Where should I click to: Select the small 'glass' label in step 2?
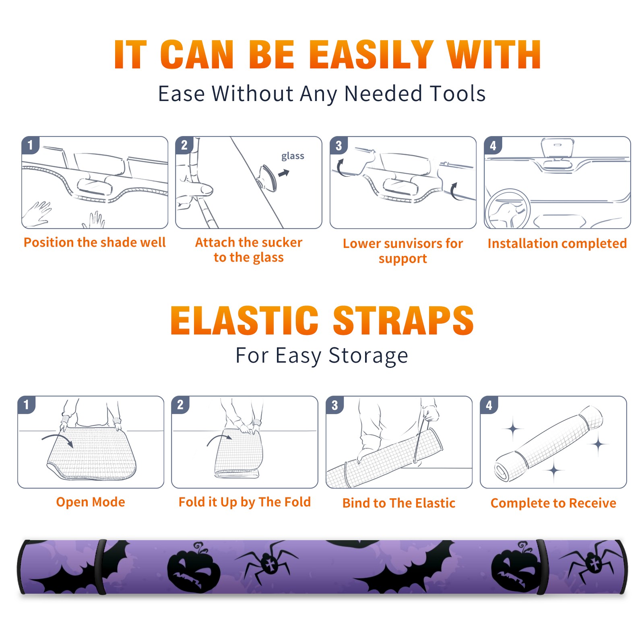click(293, 156)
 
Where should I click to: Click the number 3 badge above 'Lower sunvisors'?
click(339, 146)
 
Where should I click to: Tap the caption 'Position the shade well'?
click(95, 242)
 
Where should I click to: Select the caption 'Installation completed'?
click(557, 244)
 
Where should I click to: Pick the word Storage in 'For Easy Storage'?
click(368, 356)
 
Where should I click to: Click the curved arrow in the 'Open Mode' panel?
click(58, 440)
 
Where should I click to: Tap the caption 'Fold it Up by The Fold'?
click(245, 502)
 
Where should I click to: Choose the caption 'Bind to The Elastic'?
click(399, 503)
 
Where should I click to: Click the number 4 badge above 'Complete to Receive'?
click(489, 405)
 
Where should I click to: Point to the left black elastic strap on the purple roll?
click(101, 567)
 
